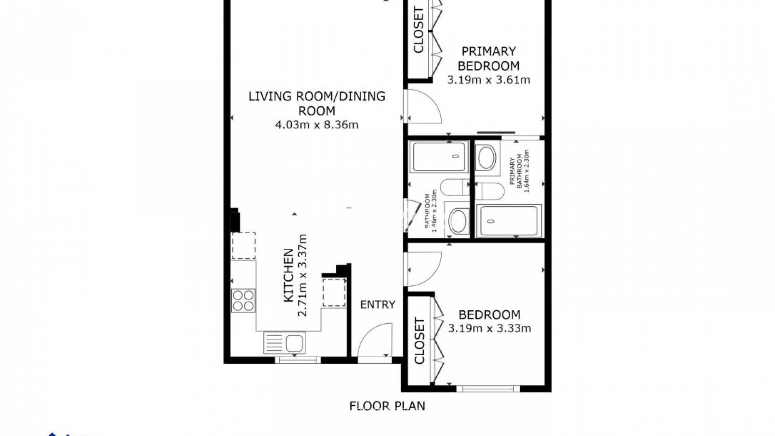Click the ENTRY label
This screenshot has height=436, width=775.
(x=378, y=304)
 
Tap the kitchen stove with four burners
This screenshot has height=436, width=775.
(x=243, y=300)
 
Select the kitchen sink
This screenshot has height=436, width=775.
(x=284, y=343)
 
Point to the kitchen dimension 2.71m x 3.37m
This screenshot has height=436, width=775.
(x=302, y=275)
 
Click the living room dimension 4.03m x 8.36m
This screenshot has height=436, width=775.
(x=316, y=125)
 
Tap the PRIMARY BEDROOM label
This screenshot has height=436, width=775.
(x=489, y=59)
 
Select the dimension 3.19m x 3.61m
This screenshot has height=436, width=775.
(x=488, y=80)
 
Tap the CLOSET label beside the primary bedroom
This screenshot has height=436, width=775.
(x=419, y=31)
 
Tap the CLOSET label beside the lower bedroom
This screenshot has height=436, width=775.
(x=420, y=341)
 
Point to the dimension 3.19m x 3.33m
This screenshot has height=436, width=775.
(x=490, y=329)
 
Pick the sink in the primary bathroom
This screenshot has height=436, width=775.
(x=488, y=158)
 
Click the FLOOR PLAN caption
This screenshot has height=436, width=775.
(x=387, y=406)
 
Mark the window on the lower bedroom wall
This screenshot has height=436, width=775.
(x=488, y=389)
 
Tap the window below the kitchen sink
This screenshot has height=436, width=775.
(x=297, y=360)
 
